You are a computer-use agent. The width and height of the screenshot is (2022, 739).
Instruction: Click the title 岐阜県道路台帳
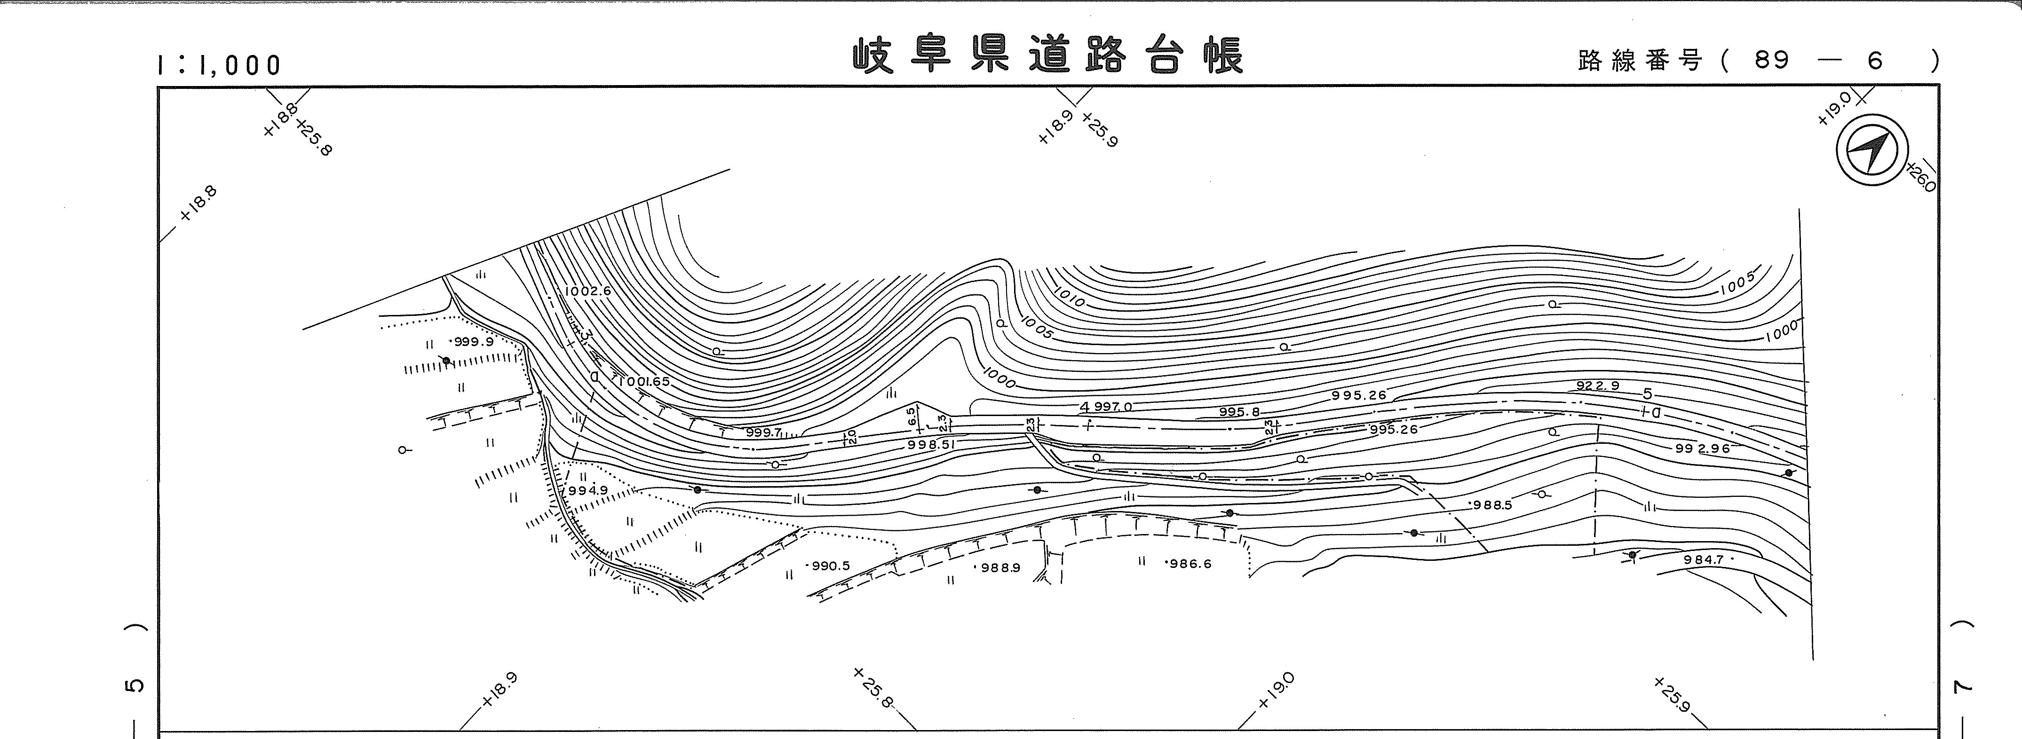[x=1048, y=56]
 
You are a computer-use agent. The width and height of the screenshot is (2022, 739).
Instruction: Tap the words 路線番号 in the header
[x=1639, y=60]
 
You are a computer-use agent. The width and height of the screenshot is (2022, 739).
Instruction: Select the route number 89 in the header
[x=1772, y=60]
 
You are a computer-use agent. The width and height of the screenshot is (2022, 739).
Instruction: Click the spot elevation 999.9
[x=473, y=342]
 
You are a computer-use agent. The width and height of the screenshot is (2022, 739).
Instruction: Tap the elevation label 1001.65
[x=643, y=381]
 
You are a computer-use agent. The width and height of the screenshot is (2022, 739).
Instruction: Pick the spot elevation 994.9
[x=588, y=490]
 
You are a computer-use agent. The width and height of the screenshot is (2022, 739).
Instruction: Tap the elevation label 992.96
[x=1702, y=449]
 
